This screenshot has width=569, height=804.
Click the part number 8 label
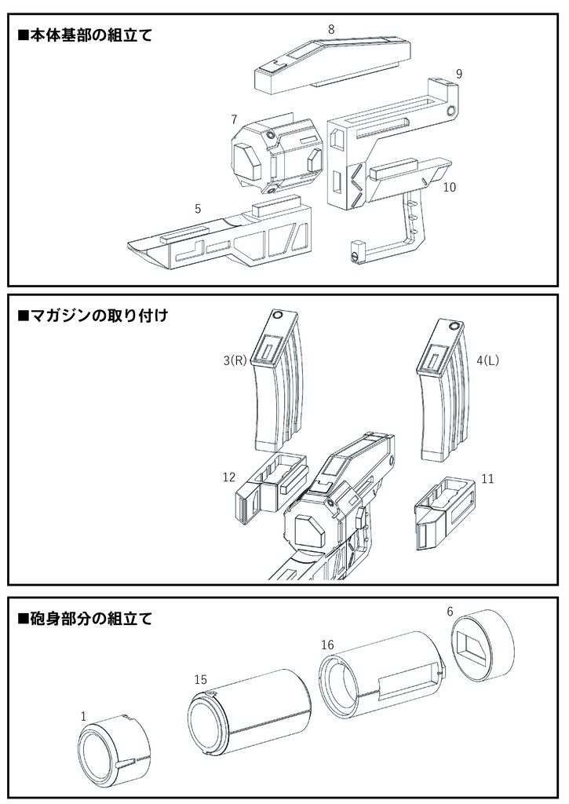click(x=331, y=29)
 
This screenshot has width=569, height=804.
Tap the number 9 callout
click(x=459, y=74)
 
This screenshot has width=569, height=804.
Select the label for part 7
click(x=234, y=119)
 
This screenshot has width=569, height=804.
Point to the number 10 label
click(x=449, y=187)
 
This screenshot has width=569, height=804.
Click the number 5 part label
click(x=198, y=209)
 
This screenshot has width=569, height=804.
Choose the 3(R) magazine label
click(x=235, y=361)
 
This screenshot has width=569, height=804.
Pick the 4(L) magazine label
click(x=487, y=361)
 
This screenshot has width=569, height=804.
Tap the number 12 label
click(x=229, y=477)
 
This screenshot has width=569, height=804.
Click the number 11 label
click(x=487, y=479)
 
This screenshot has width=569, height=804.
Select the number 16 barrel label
click(x=327, y=645)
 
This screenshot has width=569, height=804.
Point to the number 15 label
click(x=200, y=679)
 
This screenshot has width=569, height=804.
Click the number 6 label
click(x=450, y=611)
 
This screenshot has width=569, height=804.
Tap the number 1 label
click(x=84, y=717)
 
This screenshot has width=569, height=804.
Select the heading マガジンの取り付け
click(x=93, y=316)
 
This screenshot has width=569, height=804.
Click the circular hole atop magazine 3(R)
click(x=277, y=316)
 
